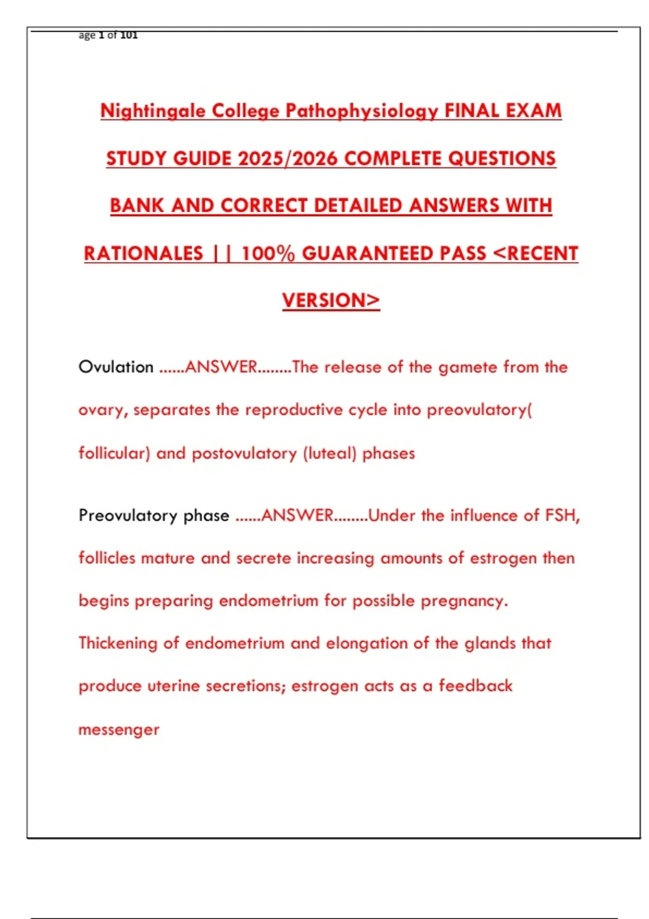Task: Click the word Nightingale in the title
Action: click(x=153, y=111)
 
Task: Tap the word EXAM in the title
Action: click(x=533, y=111)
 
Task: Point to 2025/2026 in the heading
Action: click(x=287, y=158)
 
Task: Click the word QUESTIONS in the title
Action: click(x=501, y=158)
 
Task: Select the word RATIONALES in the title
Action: click(x=143, y=254)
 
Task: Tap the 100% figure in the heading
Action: click(x=268, y=254)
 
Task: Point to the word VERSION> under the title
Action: click(x=331, y=301)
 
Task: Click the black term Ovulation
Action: click(x=116, y=367)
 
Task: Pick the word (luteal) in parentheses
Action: click(x=329, y=453)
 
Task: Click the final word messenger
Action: click(x=119, y=730)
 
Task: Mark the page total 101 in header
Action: click(x=129, y=36)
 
